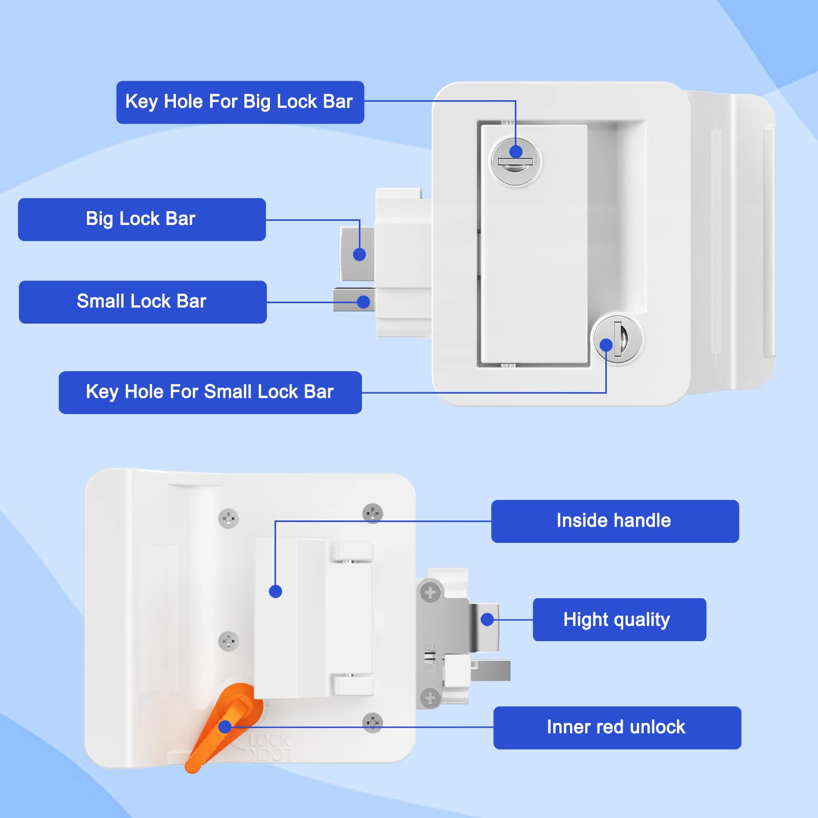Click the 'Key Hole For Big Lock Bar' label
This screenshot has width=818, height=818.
pyautogui.click(x=240, y=102)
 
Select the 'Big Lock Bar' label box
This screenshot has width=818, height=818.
pyautogui.click(x=142, y=219)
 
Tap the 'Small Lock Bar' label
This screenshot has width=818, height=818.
pyautogui.click(x=143, y=302)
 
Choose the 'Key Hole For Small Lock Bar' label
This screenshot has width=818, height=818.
pyautogui.click(x=210, y=392)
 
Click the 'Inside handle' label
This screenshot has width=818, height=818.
pyautogui.click(x=615, y=521)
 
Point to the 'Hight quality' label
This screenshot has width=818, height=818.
pyautogui.click(x=619, y=620)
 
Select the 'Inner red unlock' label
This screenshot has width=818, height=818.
pyautogui.click(x=617, y=728)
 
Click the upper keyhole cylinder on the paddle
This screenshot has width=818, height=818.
pyautogui.click(x=515, y=163)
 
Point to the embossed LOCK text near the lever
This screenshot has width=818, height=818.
pyautogui.click(x=270, y=741)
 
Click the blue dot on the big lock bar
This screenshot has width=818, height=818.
pyautogui.click(x=359, y=254)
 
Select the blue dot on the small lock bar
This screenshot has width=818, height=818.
pyautogui.click(x=363, y=302)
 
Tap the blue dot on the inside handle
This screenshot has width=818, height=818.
pyautogui.click(x=276, y=592)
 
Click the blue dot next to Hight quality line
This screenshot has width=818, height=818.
pyautogui.click(x=487, y=620)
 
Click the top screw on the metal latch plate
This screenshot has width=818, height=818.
pyautogui.click(x=430, y=593)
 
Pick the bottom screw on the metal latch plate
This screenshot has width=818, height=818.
pyautogui.click(x=430, y=697)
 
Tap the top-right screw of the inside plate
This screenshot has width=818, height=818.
pyautogui.click(x=373, y=513)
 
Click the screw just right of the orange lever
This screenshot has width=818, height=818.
pyautogui.click(x=372, y=722)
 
